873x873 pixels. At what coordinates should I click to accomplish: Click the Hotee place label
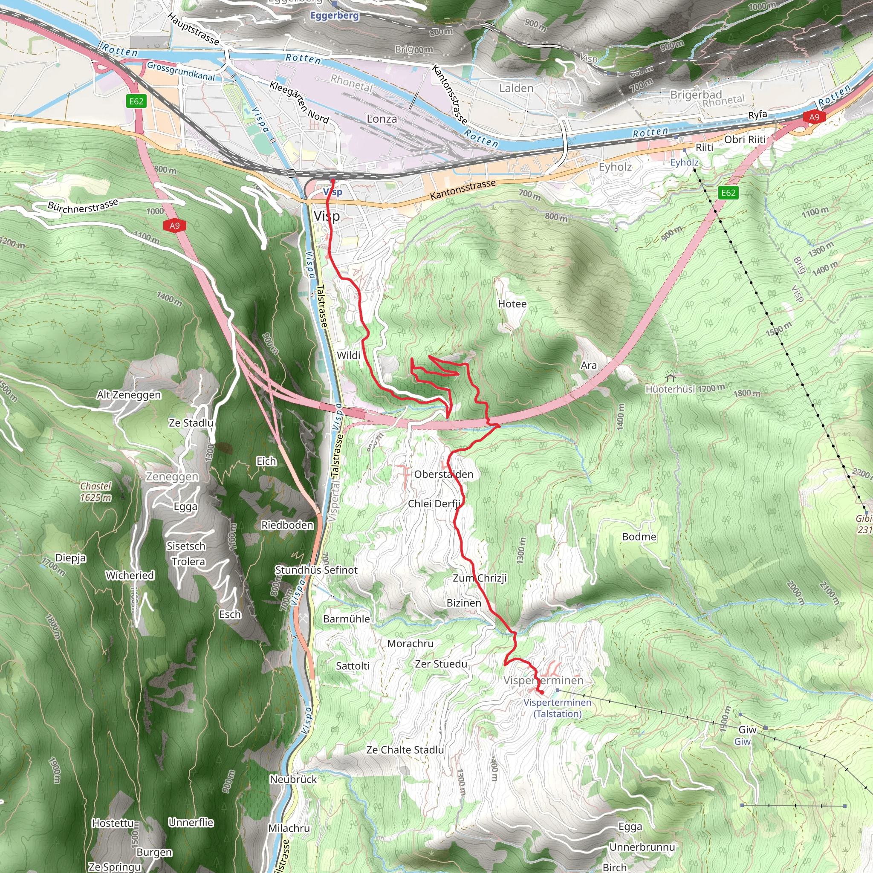coord(512,304)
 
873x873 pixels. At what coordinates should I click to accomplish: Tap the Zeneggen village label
coord(172,477)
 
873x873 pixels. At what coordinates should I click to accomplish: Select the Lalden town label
coord(516,88)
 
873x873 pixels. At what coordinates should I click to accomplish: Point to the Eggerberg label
coord(334,15)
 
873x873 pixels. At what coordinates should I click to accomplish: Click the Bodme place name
coord(639,537)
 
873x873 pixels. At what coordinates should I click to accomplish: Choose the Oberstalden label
coord(443,474)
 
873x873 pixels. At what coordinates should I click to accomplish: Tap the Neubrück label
coord(293,780)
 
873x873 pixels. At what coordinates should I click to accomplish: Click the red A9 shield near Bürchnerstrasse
coord(175,225)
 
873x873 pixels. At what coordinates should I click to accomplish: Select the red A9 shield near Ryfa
coord(814,118)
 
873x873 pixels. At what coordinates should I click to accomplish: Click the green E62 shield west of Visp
coord(136,101)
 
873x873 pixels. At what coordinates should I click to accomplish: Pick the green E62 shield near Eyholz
coord(728,193)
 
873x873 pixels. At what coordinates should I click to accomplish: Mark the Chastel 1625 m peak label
coord(96,492)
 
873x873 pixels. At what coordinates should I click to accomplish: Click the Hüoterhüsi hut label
coord(670,389)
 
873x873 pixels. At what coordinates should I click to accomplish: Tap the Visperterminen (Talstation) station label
coord(557,708)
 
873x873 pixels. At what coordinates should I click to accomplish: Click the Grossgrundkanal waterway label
coord(181,71)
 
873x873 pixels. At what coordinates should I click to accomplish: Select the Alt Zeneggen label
coord(129,395)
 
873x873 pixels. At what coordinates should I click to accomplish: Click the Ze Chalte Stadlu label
coord(405,750)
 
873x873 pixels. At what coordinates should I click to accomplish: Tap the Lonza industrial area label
coord(382,119)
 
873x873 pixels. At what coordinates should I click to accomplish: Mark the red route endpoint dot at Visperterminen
coord(541,692)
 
